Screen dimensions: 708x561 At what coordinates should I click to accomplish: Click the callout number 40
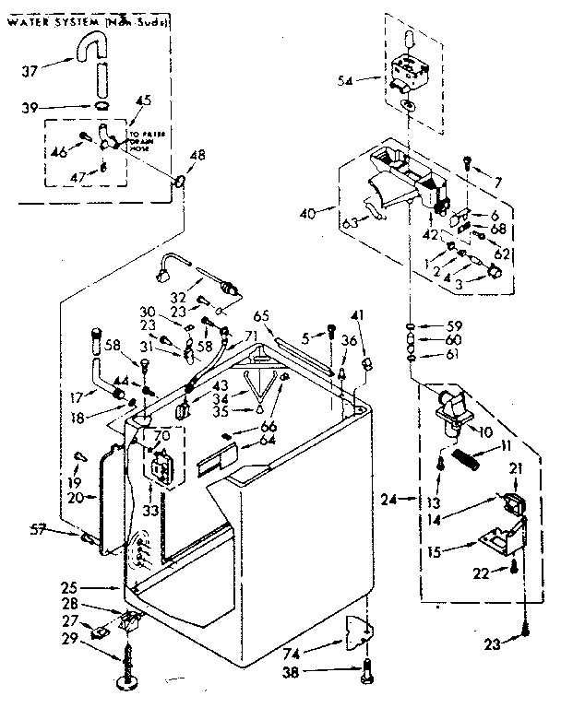click(309, 213)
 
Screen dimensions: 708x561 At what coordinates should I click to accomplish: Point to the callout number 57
click(62, 529)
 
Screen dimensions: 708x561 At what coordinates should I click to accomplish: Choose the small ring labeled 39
click(100, 107)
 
